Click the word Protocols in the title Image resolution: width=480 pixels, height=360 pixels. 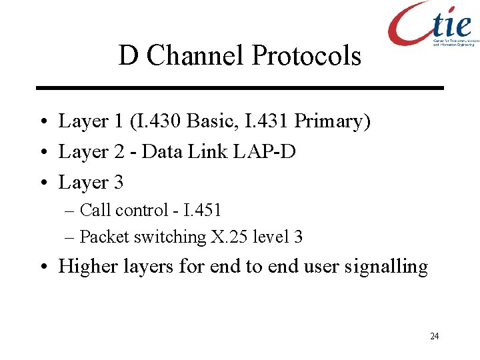coord(306,56)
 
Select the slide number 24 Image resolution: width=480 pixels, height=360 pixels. coord(435,336)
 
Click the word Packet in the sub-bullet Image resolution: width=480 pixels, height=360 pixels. coord(104,237)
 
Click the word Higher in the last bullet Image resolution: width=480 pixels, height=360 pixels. coord(85,267)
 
